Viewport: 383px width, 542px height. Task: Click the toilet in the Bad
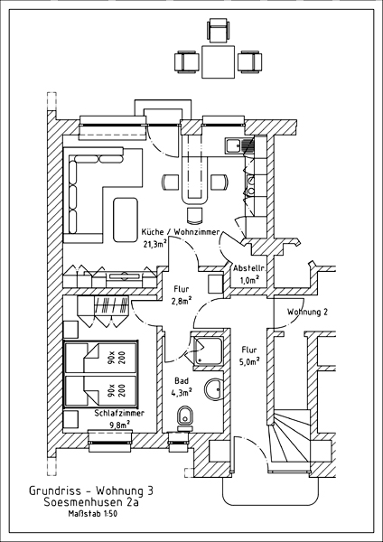tap(185, 418)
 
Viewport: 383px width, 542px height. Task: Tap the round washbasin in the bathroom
tap(213, 390)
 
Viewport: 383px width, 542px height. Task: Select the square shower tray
tap(209, 350)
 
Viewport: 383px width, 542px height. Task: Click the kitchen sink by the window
tap(239, 145)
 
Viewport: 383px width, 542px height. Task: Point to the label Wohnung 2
tap(307, 313)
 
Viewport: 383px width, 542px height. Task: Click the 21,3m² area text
tap(155, 244)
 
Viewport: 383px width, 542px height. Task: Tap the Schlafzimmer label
tap(119, 413)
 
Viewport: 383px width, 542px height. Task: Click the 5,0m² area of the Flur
tap(249, 361)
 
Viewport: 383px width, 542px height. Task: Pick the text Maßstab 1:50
tap(92, 514)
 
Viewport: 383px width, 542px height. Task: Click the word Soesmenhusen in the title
tap(86, 502)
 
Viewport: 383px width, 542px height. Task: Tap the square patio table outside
tap(218, 61)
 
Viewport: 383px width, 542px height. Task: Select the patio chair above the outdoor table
tap(218, 31)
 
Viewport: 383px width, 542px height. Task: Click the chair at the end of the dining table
tap(194, 215)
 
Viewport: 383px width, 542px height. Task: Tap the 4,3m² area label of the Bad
tap(182, 393)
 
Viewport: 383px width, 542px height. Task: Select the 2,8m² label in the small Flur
tap(182, 301)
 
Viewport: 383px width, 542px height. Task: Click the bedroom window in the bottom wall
tap(110, 441)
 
